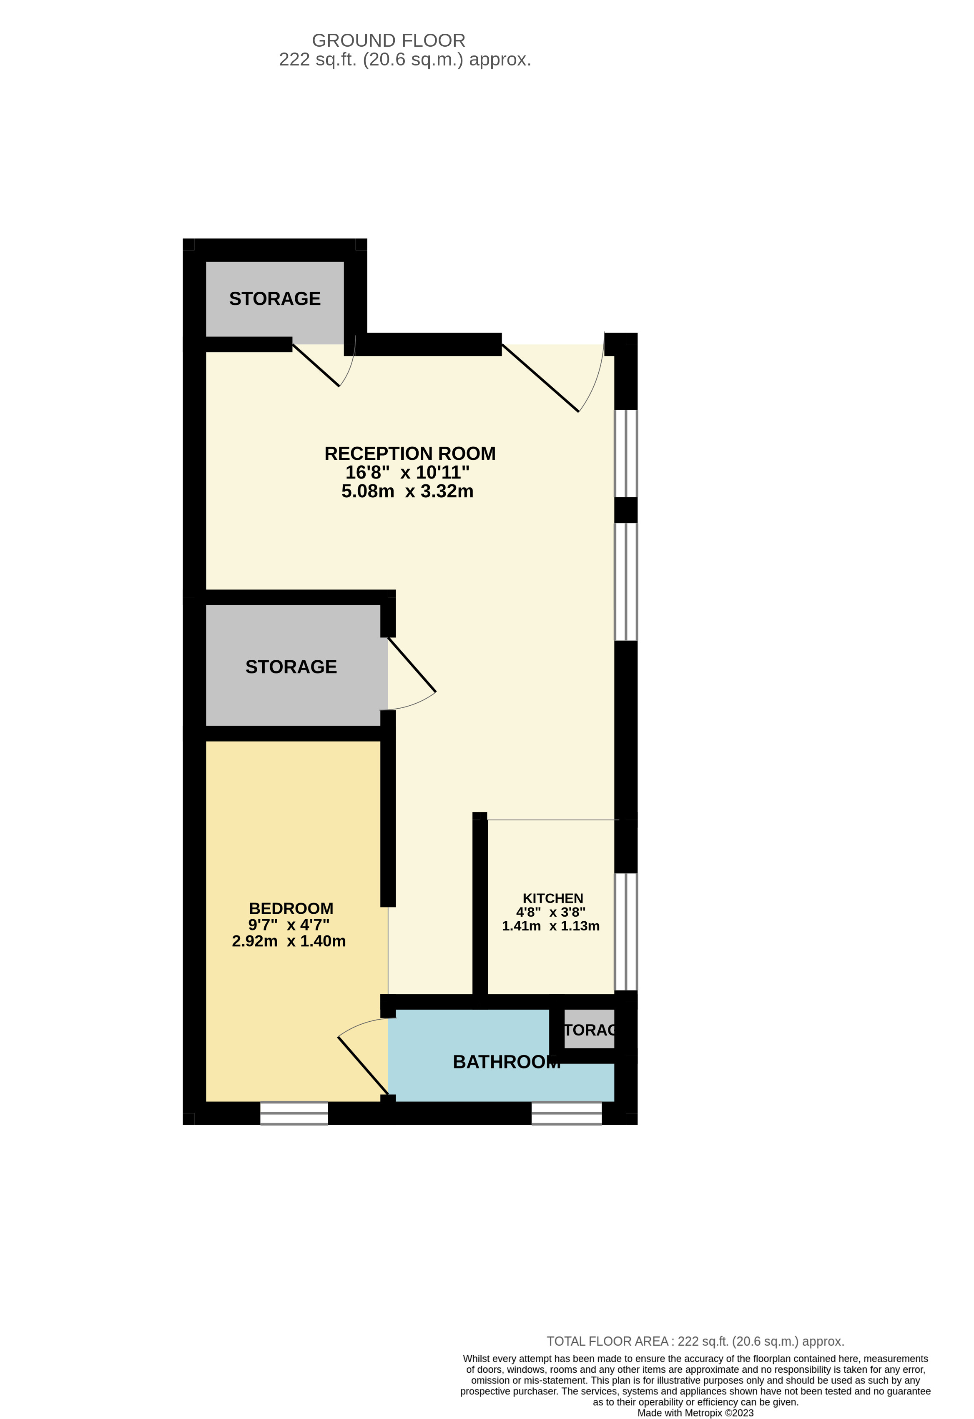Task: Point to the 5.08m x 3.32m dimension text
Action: tap(407, 491)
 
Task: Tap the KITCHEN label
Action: tap(552, 898)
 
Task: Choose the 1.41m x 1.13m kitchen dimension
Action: tap(550, 926)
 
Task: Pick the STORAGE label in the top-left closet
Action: tap(275, 298)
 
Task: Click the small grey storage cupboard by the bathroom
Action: tap(589, 1030)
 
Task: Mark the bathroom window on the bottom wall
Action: tap(566, 1113)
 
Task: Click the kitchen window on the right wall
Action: tap(626, 931)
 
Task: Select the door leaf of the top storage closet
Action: tap(316, 365)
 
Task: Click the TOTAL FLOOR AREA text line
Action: tap(695, 1341)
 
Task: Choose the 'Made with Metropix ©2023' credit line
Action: tap(695, 1413)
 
